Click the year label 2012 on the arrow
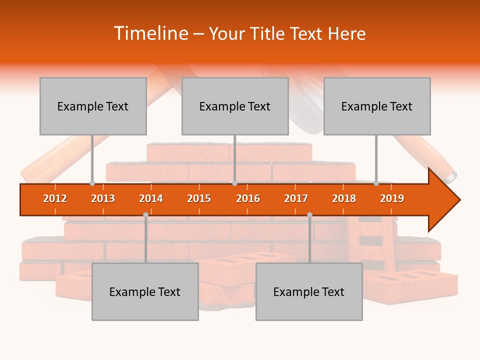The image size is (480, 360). click(55, 198)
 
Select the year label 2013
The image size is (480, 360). click(103, 198)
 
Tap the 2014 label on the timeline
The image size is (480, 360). click(151, 198)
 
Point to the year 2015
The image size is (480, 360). click(199, 198)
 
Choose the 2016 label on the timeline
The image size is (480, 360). click(248, 198)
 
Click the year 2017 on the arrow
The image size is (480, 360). click(296, 198)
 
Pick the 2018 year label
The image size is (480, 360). click(344, 198)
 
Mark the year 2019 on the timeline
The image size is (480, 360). click(392, 198)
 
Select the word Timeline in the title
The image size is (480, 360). click(150, 33)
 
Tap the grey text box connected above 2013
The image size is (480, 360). click(93, 106)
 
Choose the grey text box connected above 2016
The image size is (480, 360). click(235, 106)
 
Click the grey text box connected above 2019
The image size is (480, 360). click(377, 106)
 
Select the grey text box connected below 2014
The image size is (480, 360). click(145, 291)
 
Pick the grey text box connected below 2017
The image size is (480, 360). click(309, 291)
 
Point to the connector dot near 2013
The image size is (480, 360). click(92, 183)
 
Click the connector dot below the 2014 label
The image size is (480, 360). click(145, 214)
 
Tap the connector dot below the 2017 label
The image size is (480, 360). click(309, 214)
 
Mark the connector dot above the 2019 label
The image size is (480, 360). click(376, 183)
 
